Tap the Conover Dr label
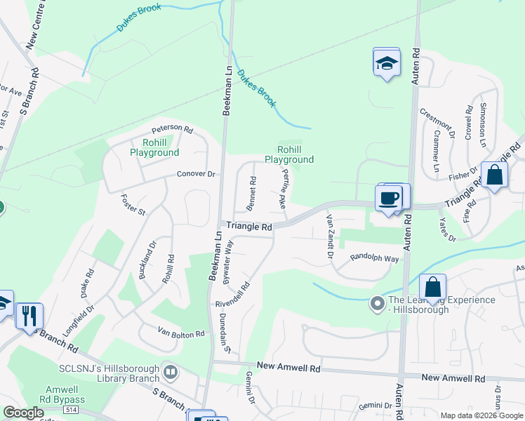[x=196, y=174]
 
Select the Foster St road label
[x=133, y=205]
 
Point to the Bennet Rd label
[x=253, y=189]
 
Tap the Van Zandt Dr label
[x=328, y=236]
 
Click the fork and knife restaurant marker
[x=29, y=315]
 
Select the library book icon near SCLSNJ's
[x=169, y=370]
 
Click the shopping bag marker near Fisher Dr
[x=495, y=175]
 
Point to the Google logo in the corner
[x=23, y=413]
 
